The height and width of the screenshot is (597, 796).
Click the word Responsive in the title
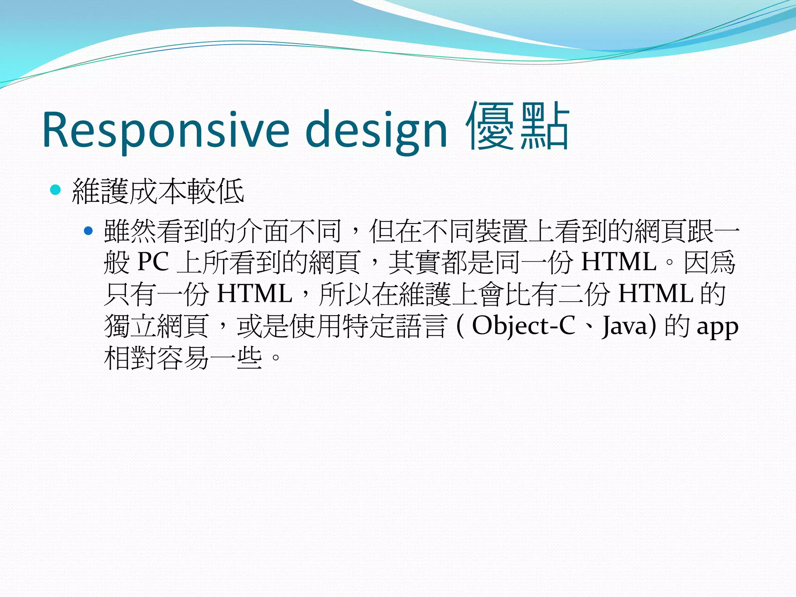(166, 130)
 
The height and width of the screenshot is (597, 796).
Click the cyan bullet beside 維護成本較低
(56, 190)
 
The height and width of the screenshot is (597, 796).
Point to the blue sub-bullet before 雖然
(89, 231)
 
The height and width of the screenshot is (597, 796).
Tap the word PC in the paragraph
(153, 262)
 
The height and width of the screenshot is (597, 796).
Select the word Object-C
(523, 326)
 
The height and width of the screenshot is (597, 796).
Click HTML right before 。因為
(619, 262)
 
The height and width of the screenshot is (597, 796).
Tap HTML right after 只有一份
(255, 294)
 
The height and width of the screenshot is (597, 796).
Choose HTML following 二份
(656, 294)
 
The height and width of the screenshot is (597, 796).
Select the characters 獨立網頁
(156, 326)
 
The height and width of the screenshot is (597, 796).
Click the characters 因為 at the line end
(709, 262)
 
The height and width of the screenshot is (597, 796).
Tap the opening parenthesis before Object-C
(460, 326)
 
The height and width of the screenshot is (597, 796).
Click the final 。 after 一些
(275, 358)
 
